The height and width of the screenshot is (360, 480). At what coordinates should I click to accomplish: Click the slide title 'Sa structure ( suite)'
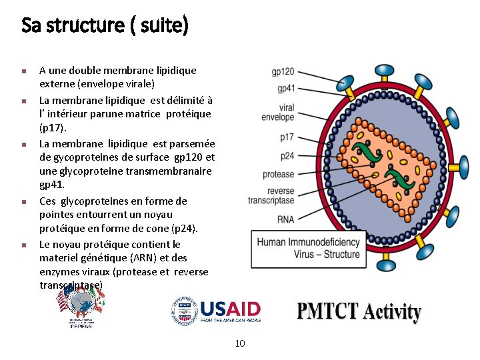[x=105, y=26]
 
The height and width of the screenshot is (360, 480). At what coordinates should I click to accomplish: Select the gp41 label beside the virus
[x=286, y=88]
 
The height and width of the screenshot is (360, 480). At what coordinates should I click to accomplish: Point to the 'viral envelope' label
[x=278, y=112]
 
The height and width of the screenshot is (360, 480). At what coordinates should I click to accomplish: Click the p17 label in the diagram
[x=287, y=137]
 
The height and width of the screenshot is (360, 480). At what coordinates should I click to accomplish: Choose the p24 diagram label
[x=287, y=156]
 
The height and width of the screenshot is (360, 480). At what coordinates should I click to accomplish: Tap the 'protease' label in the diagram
[x=279, y=175]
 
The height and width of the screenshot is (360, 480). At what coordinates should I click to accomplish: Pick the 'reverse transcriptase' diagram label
[x=271, y=196]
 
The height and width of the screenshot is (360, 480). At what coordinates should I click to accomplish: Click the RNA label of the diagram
[x=285, y=219]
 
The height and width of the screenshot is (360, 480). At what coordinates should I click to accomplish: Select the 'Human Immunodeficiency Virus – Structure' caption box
[x=309, y=249]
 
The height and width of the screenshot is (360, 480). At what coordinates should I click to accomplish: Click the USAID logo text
[x=230, y=309]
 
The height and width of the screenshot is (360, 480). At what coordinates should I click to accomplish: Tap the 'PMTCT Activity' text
[x=359, y=312]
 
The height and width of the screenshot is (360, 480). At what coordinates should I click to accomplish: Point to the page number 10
[x=240, y=343]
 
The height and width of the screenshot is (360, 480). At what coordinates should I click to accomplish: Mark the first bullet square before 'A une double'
[x=23, y=71]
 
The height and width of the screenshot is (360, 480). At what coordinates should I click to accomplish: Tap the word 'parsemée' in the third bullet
[x=192, y=143]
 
